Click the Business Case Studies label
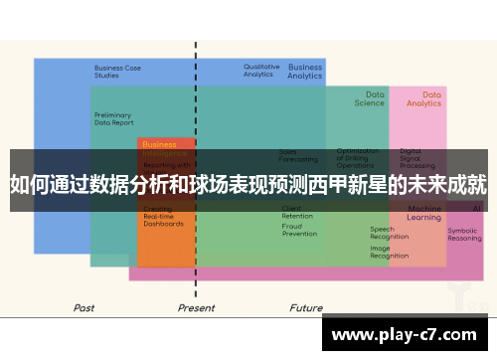point(117,72)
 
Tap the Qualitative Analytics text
point(261,71)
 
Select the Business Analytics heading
point(305,72)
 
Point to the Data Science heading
point(369,98)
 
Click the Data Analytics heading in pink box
point(423,98)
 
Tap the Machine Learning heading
point(424,213)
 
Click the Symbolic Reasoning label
point(464,234)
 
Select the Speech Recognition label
point(389,233)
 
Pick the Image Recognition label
point(389,252)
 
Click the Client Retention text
point(296,212)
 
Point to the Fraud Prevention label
point(298,230)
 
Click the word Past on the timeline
point(84,308)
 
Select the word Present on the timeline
point(196,308)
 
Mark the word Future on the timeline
point(306,308)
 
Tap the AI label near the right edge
point(477,208)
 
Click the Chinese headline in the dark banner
point(248,184)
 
